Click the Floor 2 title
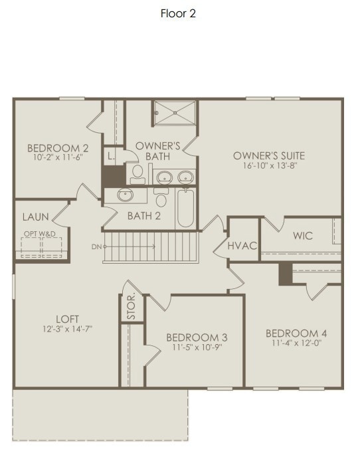[178, 13]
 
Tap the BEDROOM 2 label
[48, 147]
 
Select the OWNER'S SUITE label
[268, 155]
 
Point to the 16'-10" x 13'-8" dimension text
[269, 165]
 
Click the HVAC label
[242, 245]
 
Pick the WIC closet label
[303, 236]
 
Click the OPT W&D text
[39, 235]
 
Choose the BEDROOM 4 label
[296, 333]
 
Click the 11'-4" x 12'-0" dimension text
[296, 343]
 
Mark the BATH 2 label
[144, 215]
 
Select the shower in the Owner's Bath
[175, 112]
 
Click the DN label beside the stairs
[97, 246]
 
